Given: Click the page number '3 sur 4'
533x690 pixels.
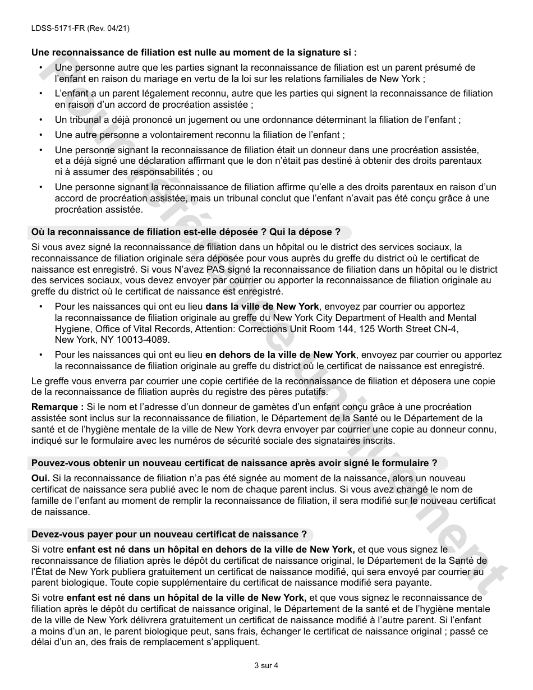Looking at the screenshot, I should click(x=266, y=666).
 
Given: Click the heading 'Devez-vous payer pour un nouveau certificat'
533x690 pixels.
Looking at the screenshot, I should click(x=169, y=534).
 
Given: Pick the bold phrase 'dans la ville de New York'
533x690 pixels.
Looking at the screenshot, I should click(x=262, y=307).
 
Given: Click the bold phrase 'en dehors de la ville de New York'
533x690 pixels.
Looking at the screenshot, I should click(x=281, y=355).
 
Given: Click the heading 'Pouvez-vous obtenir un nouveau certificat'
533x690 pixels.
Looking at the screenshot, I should click(x=234, y=463).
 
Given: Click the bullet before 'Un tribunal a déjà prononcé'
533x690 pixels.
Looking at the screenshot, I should click(x=41, y=120).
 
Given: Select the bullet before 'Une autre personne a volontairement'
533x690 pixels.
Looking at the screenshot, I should click(x=41, y=135).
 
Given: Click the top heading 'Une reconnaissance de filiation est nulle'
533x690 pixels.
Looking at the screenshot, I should click(x=194, y=52).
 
